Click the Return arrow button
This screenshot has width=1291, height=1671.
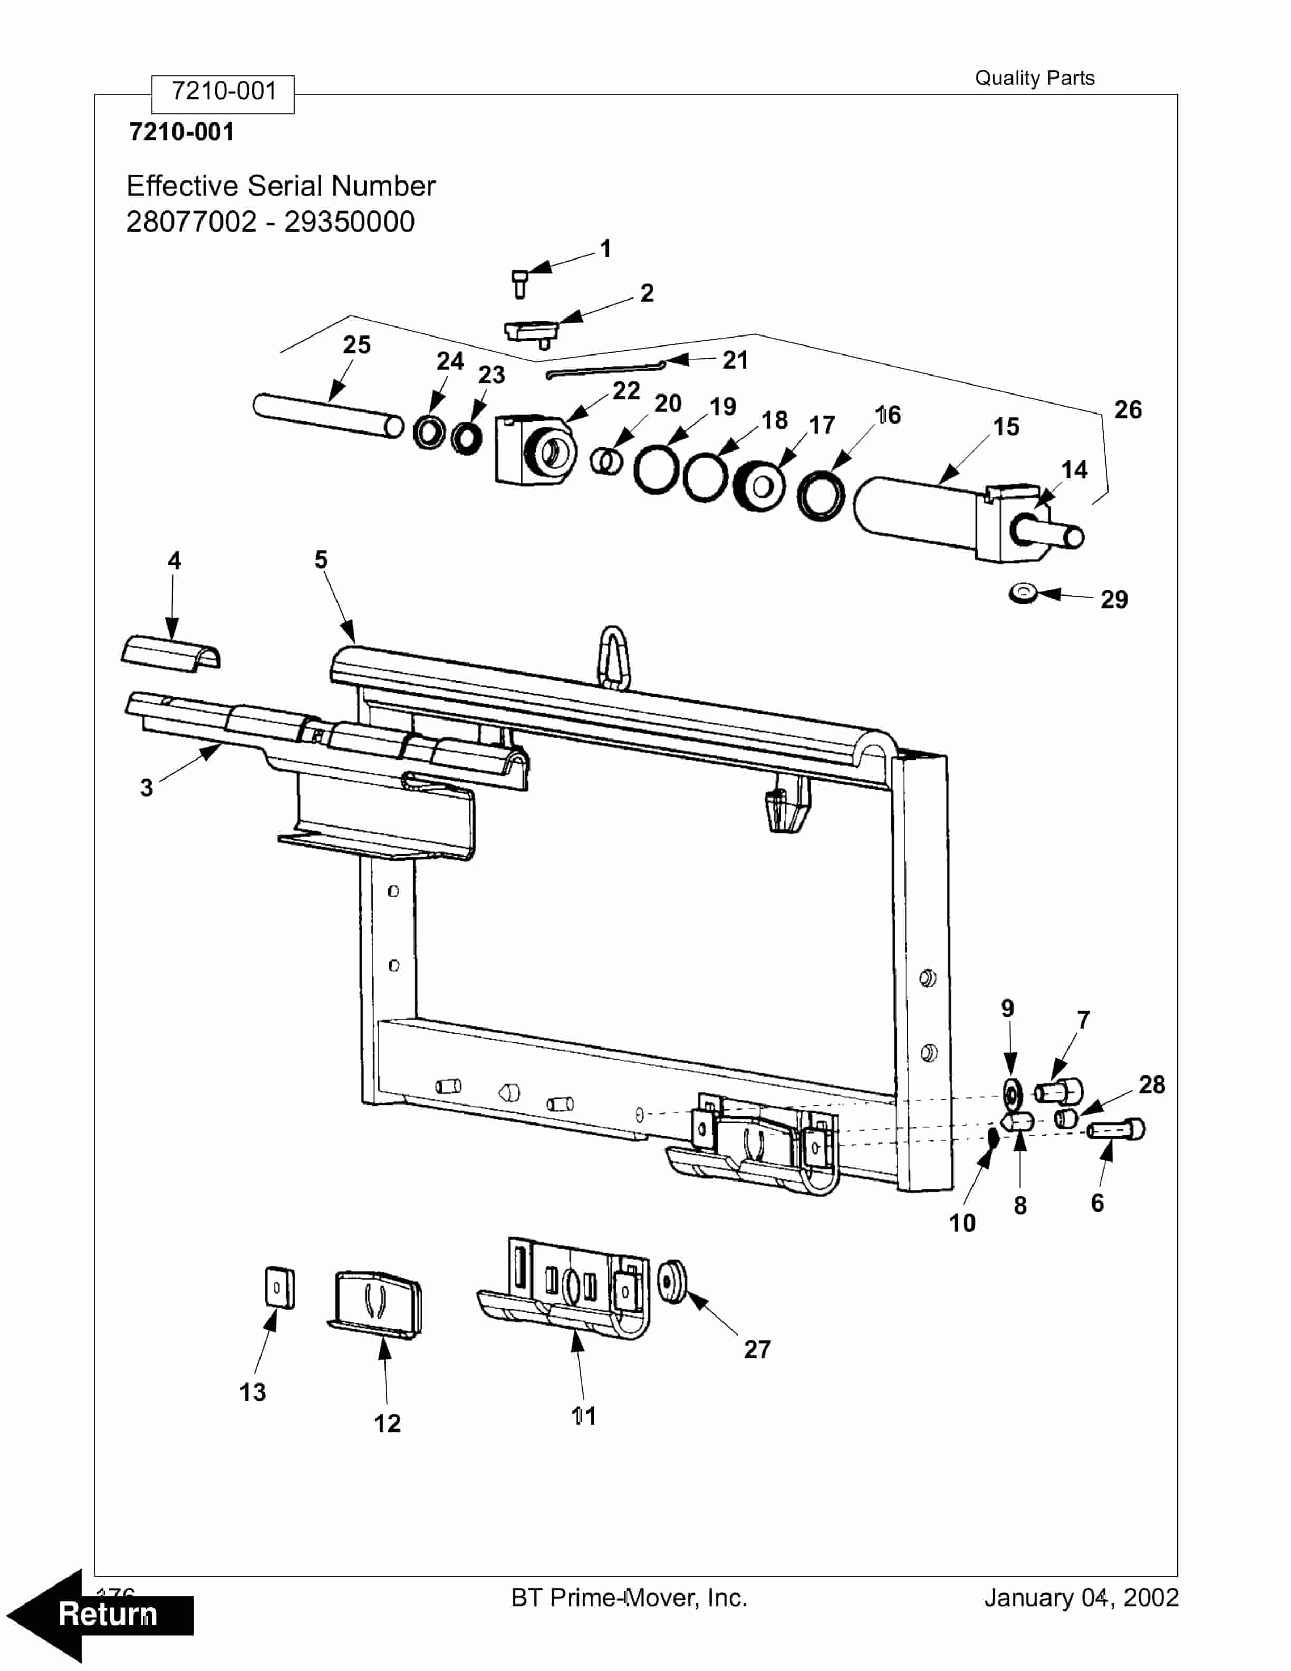[100, 1614]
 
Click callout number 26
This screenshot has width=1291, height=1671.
[1128, 410]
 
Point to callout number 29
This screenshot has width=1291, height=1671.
[1114, 599]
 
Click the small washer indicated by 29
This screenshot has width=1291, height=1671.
[1023, 592]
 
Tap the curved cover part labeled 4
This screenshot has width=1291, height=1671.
[171, 652]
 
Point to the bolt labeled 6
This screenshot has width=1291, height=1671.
[1116, 1129]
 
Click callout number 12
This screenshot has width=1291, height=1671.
[387, 1423]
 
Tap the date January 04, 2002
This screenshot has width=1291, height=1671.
[1081, 1598]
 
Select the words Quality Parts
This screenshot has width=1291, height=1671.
[1034, 78]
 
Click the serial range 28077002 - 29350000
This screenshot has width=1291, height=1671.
[270, 222]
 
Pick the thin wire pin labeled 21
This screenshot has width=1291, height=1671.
[604, 369]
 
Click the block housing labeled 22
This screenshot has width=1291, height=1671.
[532, 450]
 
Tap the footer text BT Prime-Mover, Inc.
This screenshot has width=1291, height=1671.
[629, 1598]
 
